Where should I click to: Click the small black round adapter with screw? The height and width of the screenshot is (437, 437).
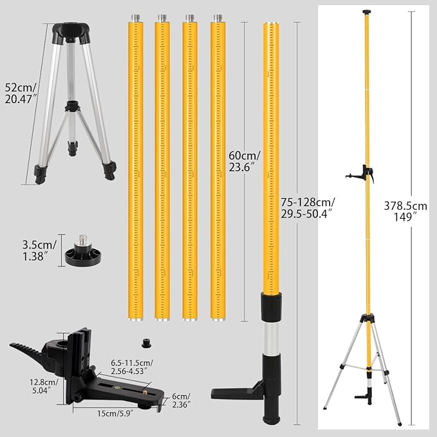[x=83, y=252]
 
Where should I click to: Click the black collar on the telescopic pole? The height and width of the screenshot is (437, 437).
[x=271, y=305]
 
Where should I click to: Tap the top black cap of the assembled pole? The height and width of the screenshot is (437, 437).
[x=367, y=12]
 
